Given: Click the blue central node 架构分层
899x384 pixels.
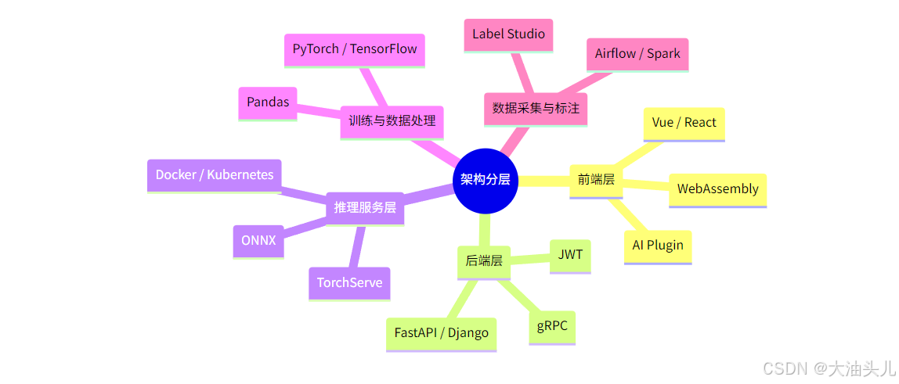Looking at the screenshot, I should (486, 180).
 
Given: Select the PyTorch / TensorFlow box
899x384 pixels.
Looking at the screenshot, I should (354, 49).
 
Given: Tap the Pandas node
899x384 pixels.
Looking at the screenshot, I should (268, 102).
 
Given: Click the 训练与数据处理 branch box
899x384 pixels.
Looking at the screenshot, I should (392, 121).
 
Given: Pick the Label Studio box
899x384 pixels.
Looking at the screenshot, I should (508, 34).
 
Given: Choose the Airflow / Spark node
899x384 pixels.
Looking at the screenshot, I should (637, 54).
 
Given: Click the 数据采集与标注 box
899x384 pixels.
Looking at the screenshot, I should (536, 108).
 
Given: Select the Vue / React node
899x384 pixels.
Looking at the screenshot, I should (684, 123).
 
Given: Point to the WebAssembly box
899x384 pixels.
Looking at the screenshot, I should (717, 189).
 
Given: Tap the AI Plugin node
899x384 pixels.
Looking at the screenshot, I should (658, 246).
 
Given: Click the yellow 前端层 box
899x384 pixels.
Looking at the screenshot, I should (596, 180).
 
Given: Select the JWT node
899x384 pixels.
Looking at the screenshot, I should (570, 255).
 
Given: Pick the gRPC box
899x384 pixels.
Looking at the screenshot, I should (552, 326).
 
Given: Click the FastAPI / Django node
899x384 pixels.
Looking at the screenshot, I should (441, 333).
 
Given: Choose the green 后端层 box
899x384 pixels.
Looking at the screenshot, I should (484, 261).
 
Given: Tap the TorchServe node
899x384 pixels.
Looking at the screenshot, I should (349, 283).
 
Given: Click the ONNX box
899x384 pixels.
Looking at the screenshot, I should (258, 241).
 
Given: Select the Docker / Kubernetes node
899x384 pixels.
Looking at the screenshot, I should (215, 175).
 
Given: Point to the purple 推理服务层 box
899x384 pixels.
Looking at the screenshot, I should (365, 208).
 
